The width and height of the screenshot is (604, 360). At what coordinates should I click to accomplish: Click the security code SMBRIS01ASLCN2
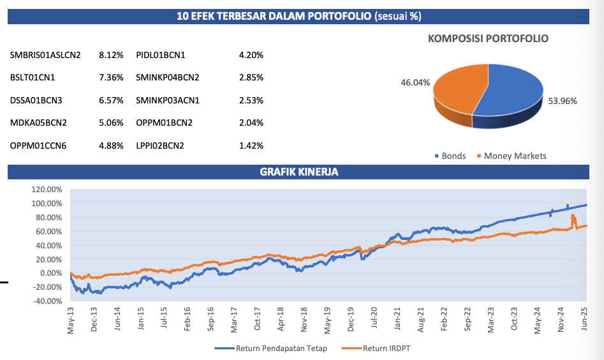(45, 56)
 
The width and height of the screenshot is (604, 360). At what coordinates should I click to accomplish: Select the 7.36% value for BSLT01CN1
(111, 78)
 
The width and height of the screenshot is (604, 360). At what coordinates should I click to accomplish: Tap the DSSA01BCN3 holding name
(36, 100)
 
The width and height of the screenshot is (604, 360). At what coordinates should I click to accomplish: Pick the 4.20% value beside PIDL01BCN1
(251, 56)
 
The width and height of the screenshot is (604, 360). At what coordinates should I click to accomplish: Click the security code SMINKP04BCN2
(168, 78)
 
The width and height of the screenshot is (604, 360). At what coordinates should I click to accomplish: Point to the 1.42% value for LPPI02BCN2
(251, 146)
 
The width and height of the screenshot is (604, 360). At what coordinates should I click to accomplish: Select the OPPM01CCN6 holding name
(38, 146)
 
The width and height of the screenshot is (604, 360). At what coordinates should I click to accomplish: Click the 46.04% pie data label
(415, 82)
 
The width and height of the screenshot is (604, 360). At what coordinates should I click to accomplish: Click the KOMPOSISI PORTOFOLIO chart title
(489, 38)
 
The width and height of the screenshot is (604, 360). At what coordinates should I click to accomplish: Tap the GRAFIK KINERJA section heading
(299, 172)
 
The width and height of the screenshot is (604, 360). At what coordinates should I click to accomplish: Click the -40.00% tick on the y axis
(47, 301)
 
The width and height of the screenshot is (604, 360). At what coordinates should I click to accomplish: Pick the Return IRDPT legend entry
(388, 349)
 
